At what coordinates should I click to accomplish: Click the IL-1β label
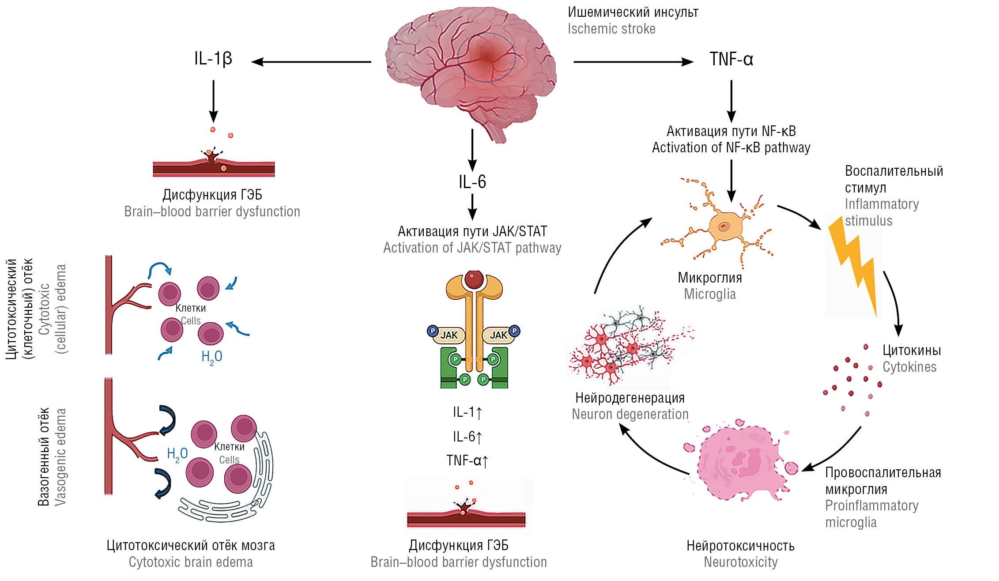point(213,59)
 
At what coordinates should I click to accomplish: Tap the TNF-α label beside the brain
point(731,59)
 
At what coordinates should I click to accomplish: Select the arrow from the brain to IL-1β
point(311,62)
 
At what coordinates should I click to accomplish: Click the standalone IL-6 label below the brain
point(472,182)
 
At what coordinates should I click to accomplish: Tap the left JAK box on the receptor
point(449,335)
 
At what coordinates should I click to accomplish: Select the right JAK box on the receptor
point(498,335)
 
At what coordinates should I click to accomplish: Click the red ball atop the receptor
point(474,279)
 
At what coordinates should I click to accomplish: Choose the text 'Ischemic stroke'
point(611,29)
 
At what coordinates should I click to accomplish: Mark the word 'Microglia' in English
point(710,294)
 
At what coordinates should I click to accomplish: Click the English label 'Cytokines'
point(909,367)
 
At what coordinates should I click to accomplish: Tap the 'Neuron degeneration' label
point(630,415)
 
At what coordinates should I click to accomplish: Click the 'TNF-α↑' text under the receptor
point(467,461)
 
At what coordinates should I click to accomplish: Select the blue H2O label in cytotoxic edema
point(212,357)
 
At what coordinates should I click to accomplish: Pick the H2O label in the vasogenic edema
point(177,454)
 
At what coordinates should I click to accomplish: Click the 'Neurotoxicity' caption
point(740,562)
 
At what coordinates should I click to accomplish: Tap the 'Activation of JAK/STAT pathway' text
point(472,248)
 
